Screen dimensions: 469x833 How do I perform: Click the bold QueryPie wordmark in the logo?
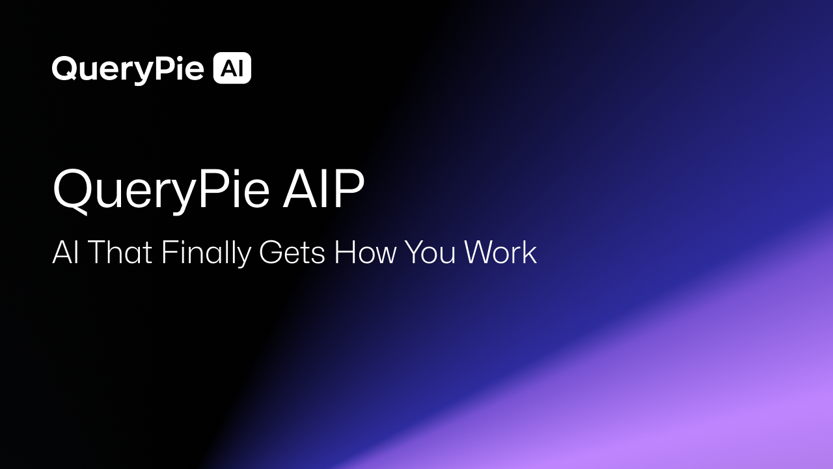128,69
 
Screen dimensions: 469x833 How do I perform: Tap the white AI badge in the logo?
232,68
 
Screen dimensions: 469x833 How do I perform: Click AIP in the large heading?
323,189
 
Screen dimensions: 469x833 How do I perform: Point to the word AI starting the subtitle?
65,252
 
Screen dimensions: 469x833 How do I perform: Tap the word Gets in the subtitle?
292,253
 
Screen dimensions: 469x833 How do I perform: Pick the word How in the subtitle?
365,252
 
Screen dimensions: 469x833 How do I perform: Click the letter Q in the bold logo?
63,69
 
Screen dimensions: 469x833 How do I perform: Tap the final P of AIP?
349,189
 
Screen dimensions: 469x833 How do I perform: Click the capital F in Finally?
168,252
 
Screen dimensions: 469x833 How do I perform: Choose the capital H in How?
345,252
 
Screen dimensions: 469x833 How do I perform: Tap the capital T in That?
96,252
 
